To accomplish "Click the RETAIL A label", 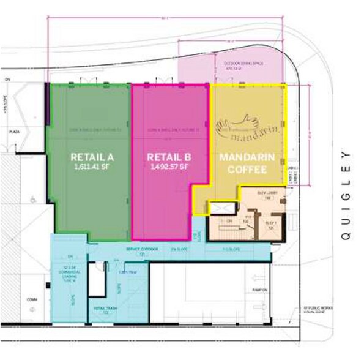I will click(x=89, y=157).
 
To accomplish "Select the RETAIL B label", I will click(x=166, y=157).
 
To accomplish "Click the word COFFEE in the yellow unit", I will click(x=243, y=171).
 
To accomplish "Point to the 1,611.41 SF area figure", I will click(x=89, y=167).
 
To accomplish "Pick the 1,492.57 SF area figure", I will click(x=166, y=167).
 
